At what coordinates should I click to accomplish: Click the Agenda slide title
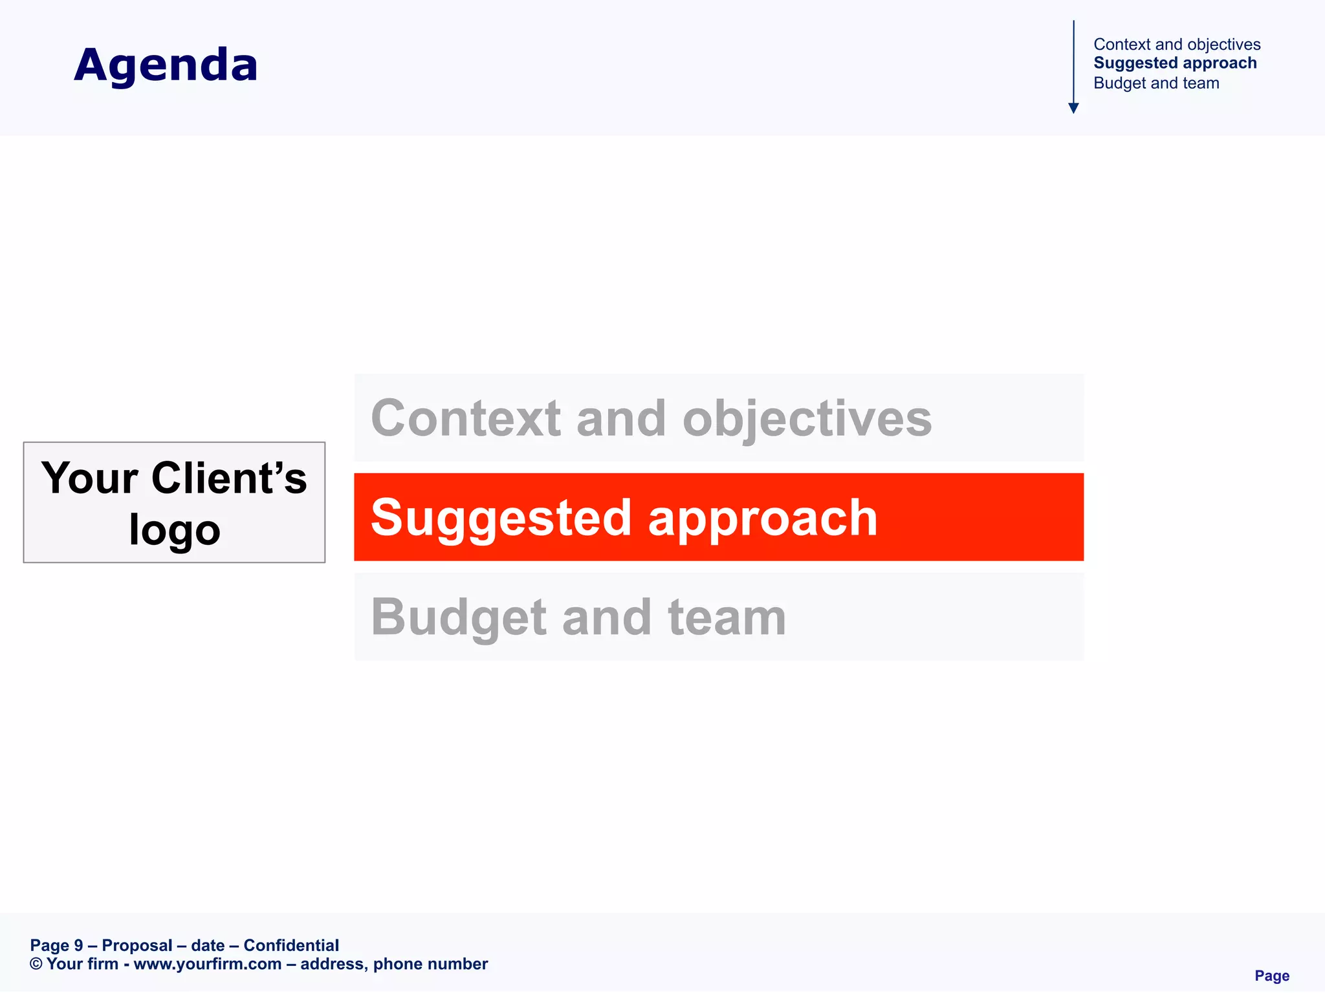click(x=166, y=65)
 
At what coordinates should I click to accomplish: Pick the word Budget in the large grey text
click(x=457, y=618)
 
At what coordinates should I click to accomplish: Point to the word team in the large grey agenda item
click(x=727, y=618)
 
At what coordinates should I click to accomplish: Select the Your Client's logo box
click(x=174, y=502)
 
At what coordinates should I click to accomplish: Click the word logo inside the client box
click(x=175, y=530)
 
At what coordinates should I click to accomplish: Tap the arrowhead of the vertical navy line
click(x=1073, y=108)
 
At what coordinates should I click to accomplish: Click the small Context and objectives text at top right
click(x=1177, y=45)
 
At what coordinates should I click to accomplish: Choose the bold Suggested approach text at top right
click(x=1175, y=63)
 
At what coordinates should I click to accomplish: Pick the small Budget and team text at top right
click(x=1156, y=83)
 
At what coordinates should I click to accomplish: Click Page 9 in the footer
click(x=56, y=945)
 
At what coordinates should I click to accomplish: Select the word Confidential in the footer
click(x=291, y=945)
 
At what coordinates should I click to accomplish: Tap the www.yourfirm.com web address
click(x=207, y=964)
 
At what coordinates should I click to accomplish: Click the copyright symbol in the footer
click(x=36, y=964)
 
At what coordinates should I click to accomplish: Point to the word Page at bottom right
click(x=1271, y=976)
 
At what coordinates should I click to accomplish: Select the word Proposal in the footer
click(x=137, y=945)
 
